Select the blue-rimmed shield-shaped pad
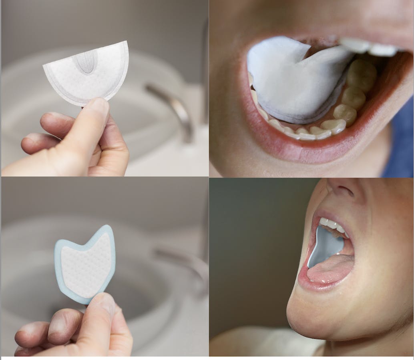[x=85, y=264]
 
